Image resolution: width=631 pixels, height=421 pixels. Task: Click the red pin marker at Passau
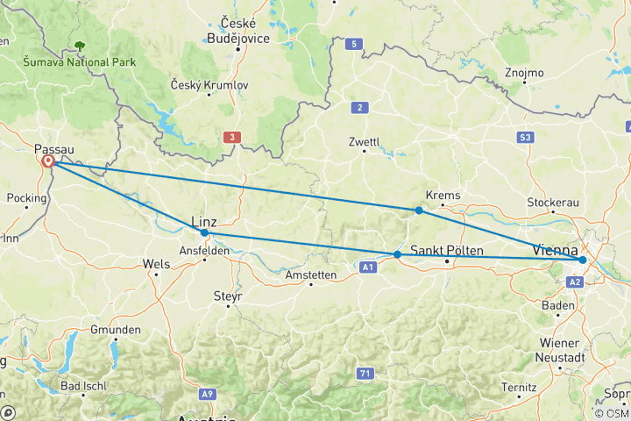[47, 162]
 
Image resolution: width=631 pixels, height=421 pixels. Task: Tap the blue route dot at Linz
[204, 233]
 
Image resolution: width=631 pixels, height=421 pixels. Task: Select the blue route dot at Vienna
[582, 260]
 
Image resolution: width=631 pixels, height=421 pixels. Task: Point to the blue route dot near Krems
[419, 210]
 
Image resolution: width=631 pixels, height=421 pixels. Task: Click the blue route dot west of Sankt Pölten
[397, 254]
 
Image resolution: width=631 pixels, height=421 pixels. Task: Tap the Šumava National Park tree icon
[81, 45]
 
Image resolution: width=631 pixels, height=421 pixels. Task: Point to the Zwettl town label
[364, 140]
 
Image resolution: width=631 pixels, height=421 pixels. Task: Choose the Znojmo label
[525, 72]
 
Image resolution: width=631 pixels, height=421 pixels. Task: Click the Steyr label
[227, 296]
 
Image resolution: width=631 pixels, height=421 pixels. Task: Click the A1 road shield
[369, 267]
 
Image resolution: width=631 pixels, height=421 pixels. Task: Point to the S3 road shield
[526, 138]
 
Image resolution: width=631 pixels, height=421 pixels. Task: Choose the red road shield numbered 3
[231, 137]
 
